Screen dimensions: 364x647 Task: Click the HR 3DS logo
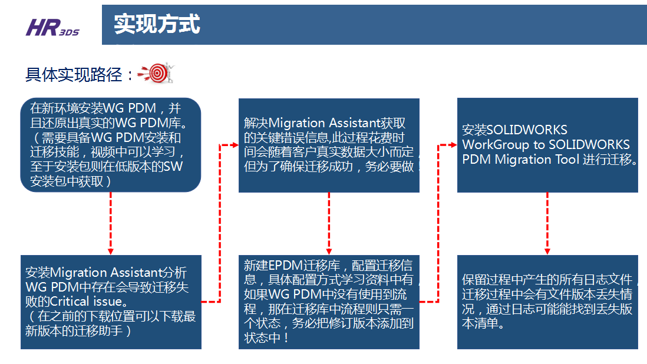click(x=52, y=27)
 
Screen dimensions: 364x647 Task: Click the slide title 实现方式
click(x=157, y=24)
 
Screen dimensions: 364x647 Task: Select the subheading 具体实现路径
click(x=74, y=75)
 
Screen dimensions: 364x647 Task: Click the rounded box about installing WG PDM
click(x=111, y=145)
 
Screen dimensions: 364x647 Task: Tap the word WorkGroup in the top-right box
click(x=493, y=144)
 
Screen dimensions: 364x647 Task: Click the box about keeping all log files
click(x=547, y=302)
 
